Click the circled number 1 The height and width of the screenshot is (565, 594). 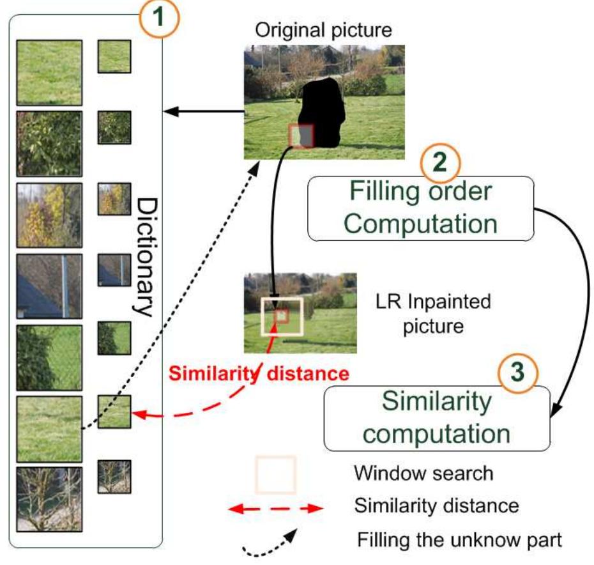pos(160,17)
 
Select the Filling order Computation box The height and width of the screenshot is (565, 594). pos(421,208)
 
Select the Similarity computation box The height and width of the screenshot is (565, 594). pos(437,418)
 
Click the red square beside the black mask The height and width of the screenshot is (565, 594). pos(301,136)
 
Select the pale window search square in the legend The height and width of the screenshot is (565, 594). pos(276,475)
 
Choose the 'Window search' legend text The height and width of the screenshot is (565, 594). pos(423,474)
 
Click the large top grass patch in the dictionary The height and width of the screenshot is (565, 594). pos(49,73)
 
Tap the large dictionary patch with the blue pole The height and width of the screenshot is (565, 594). pos(49,286)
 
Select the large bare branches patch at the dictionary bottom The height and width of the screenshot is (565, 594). pos(49,499)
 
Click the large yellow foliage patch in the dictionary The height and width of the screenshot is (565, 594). pos(49,215)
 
